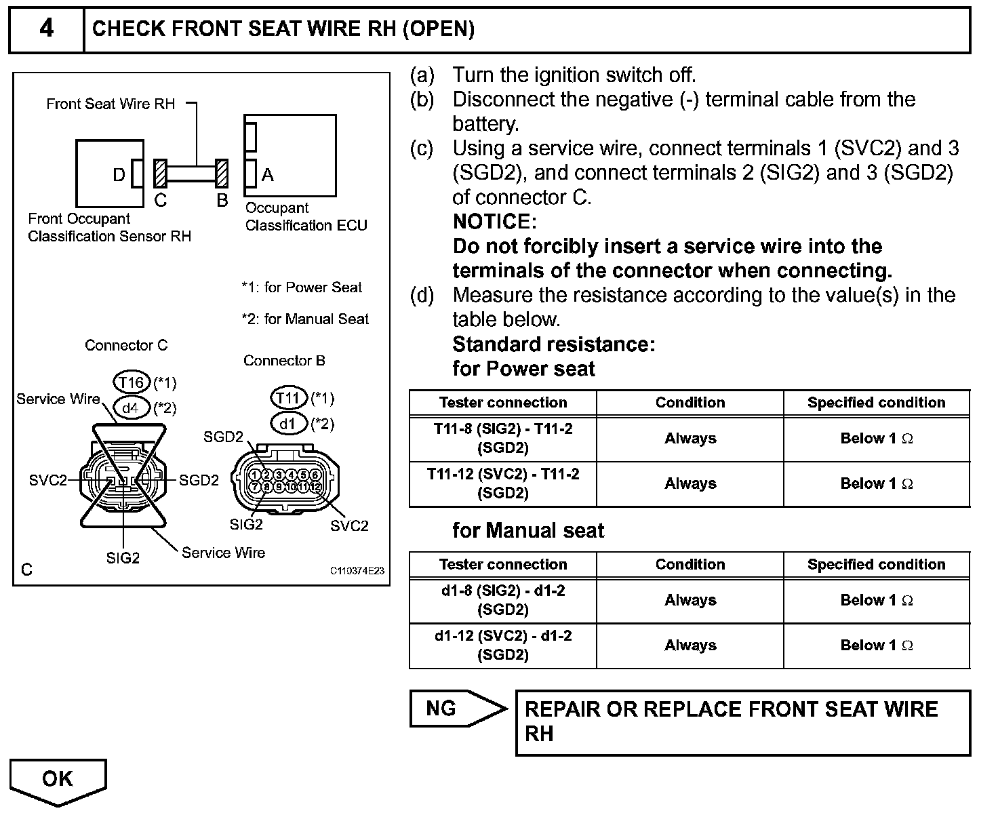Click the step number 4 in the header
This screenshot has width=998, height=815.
tap(46, 28)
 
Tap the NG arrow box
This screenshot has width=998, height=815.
tap(456, 709)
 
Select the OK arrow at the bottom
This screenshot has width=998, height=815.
tap(58, 779)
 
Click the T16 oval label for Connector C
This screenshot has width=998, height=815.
tap(131, 382)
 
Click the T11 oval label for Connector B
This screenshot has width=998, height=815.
tap(289, 398)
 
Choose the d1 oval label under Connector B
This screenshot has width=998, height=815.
tap(289, 424)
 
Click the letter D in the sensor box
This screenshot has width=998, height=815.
tap(119, 175)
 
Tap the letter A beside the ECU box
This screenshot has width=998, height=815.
tap(268, 175)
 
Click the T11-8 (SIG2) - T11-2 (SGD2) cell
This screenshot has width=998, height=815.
tap(503, 438)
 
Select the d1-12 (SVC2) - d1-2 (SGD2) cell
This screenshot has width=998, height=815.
tap(503, 645)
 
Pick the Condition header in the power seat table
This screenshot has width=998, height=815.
tap(690, 402)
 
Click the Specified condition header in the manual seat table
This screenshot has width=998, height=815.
tap(876, 564)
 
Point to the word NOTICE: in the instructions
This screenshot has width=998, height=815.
tap(494, 222)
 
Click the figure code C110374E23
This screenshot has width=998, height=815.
tap(357, 571)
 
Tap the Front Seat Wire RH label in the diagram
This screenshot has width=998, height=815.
tap(111, 104)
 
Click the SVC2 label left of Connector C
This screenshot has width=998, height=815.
tap(48, 480)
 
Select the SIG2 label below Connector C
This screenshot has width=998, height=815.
tap(123, 558)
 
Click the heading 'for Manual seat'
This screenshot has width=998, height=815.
tap(528, 530)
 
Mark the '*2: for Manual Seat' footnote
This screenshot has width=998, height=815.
tap(305, 319)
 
